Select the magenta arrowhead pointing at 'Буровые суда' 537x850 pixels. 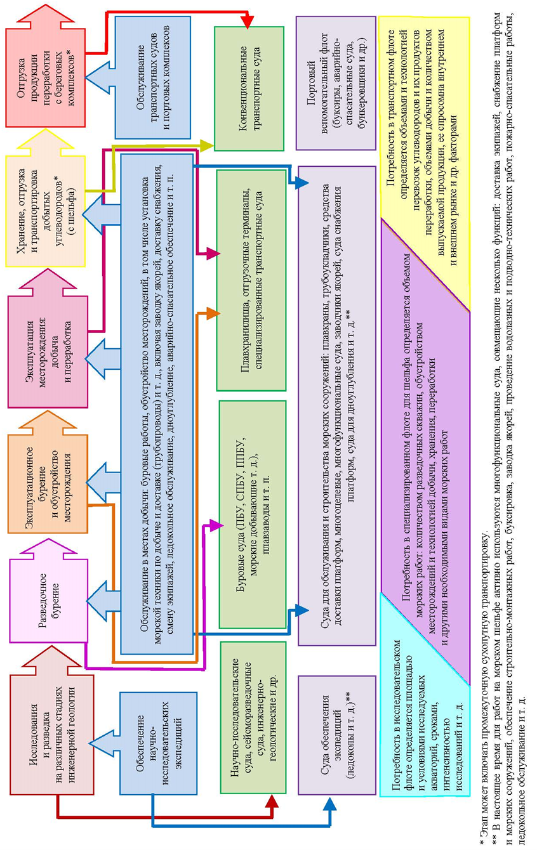[x=216, y=524]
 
